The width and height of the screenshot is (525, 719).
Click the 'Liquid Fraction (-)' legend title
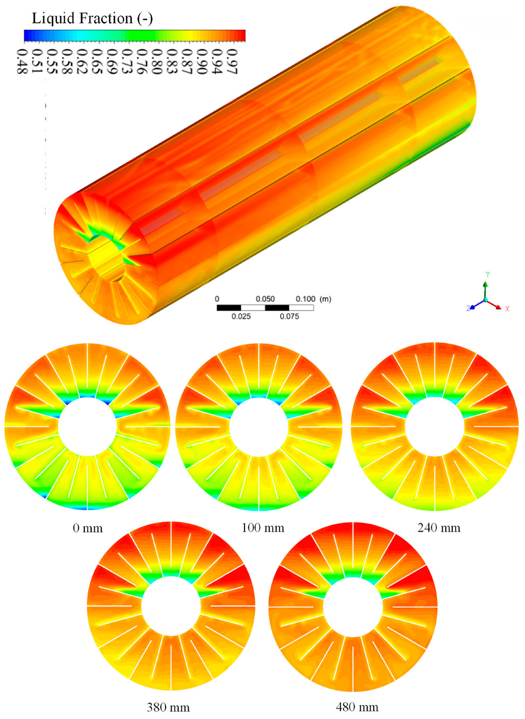click(x=92, y=18)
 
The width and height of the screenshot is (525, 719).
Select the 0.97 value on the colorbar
click(x=232, y=61)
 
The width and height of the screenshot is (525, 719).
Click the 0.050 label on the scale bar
click(x=265, y=299)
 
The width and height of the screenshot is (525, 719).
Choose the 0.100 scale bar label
click(x=305, y=299)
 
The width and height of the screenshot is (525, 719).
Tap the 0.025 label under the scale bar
click(x=241, y=316)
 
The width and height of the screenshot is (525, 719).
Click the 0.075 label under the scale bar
click(x=289, y=316)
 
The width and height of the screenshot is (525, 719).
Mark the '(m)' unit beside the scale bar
click(x=325, y=299)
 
